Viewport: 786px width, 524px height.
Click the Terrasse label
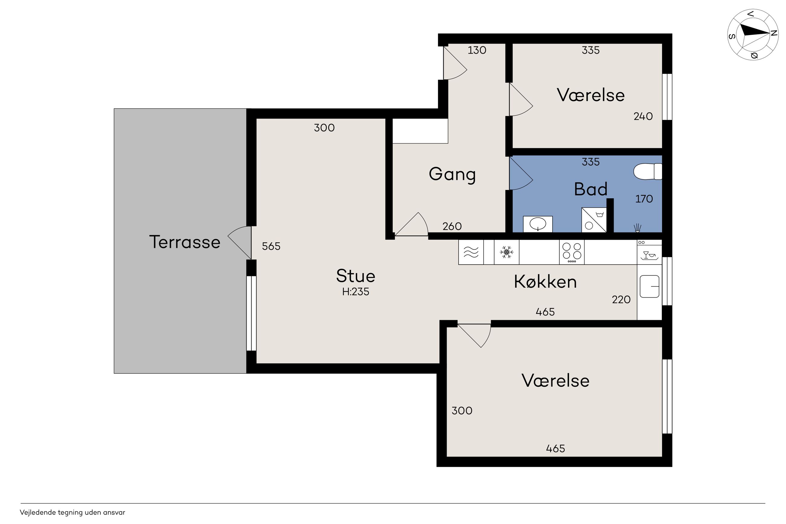coord(185,242)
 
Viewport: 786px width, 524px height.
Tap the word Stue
coord(356,276)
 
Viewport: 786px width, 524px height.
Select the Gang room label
coord(452,174)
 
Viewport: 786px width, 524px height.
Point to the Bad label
coord(591,189)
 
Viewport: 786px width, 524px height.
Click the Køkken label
coord(545,282)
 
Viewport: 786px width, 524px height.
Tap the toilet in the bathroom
coord(647,171)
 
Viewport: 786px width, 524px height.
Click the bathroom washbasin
coord(538,224)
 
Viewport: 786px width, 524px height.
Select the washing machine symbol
coord(594,220)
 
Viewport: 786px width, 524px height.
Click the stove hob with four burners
coord(572,252)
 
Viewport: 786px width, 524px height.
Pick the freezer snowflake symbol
coord(506,252)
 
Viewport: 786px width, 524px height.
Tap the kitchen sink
coord(649,286)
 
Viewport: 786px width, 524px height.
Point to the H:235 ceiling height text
coord(356,292)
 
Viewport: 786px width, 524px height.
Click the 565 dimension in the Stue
coord(271,246)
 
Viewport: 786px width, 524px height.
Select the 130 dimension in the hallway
coord(477,50)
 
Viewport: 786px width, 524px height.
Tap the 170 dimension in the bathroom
coord(644,199)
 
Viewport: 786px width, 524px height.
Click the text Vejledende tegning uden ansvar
coord(73,512)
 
